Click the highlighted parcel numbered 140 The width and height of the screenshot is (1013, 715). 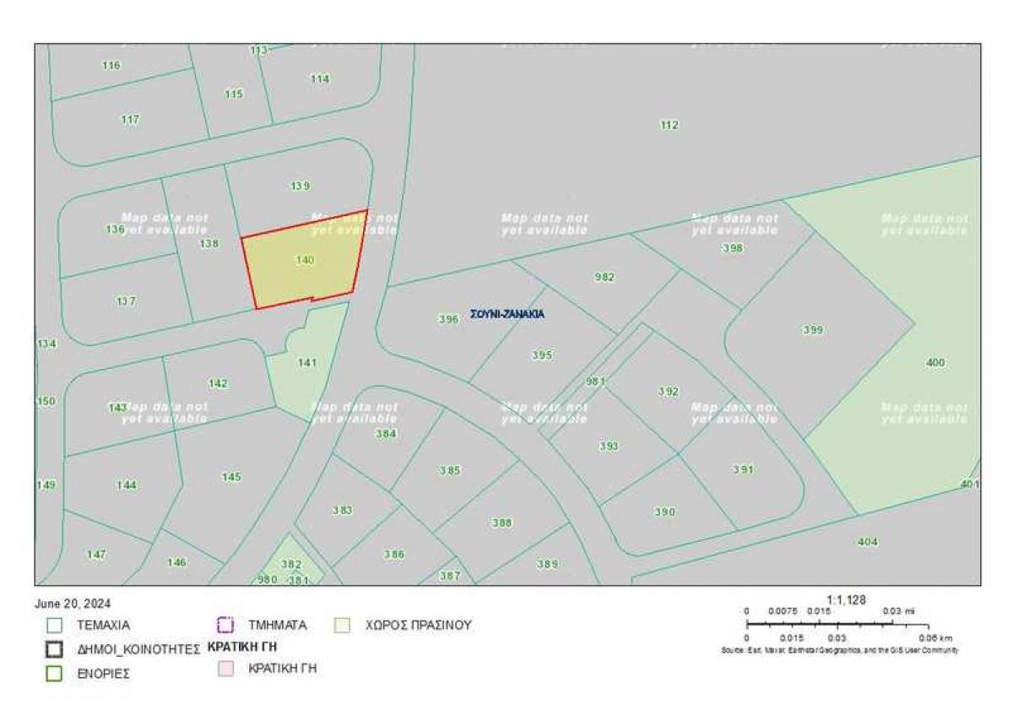(x=305, y=261)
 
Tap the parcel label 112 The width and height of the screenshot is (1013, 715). (x=669, y=125)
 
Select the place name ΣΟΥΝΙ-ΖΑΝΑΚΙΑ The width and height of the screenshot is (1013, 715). (x=507, y=314)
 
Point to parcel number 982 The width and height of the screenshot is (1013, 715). (x=604, y=277)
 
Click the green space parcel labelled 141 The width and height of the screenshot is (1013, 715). (x=307, y=363)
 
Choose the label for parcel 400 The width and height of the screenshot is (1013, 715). (x=935, y=363)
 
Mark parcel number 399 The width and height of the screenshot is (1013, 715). (x=813, y=330)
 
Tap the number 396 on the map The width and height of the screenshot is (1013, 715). (x=449, y=319)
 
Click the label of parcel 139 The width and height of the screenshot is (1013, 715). (x=301, y=186)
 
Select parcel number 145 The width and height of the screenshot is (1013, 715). (x=231, y=477)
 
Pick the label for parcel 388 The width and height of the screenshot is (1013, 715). (x=502, y=523)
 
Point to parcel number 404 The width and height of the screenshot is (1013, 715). (x=867, y=541)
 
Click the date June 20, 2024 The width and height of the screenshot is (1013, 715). (x=73, y=604)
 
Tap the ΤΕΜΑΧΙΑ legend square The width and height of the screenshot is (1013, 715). (x=55, y=626)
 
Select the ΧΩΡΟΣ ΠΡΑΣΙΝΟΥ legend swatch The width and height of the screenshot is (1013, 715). (x=343, y=626)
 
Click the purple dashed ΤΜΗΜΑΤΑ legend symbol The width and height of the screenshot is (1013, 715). (x=225, y=626)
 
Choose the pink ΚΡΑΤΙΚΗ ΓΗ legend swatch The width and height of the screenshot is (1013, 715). (x=225, y=669)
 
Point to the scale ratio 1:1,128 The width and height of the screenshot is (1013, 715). (x=847, y=600)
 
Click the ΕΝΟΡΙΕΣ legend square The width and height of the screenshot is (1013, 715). (x=55, y=674)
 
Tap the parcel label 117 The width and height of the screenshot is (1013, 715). (x=130, y=120)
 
